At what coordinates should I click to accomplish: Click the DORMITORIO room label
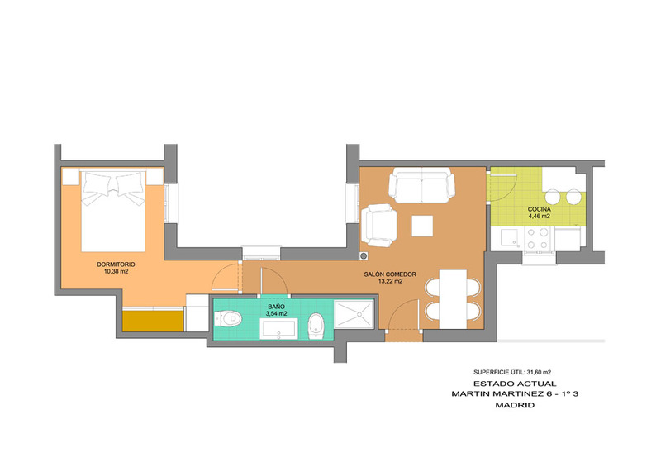click(116, 264)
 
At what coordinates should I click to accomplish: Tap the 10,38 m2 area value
click(116, 272)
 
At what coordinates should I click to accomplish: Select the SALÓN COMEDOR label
click(390, 274)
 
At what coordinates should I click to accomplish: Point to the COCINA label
click(540, 209)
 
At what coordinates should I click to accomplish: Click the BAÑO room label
click(276, 307)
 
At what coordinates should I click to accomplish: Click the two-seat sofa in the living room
click(421, 186)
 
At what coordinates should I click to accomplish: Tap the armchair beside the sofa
click(379, 226)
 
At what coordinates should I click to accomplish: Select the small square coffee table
click(422, 226)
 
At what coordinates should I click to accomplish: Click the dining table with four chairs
click(453, 299)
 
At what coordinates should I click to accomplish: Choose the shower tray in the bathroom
click(354, 314)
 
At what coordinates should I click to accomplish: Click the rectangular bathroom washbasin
click(278, 329)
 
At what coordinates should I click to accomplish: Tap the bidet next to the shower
click(316, 326)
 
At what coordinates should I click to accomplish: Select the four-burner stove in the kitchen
click(538, 238)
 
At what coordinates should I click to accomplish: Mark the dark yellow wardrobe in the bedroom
click(153, 321)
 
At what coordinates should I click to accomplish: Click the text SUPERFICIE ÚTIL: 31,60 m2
click(512, 373)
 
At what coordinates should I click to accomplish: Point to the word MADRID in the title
click(515, 405)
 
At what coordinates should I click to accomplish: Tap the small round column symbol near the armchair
click(364, 256)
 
